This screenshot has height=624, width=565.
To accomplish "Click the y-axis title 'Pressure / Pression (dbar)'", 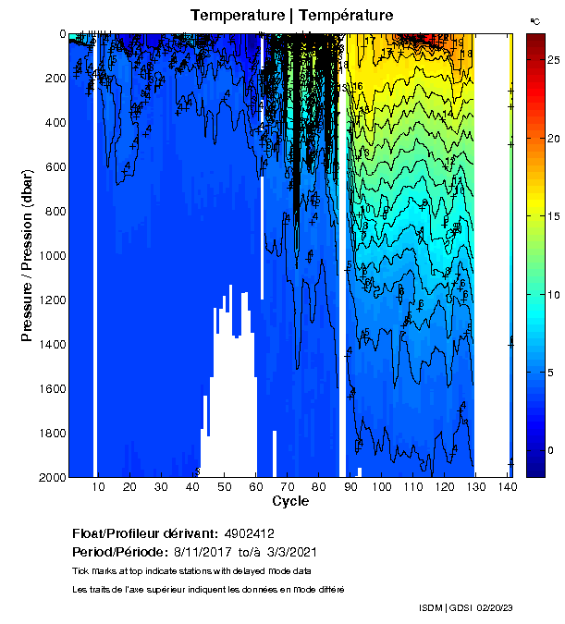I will pos(27,256).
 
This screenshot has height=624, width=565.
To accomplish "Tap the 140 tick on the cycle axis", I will pos(506,486).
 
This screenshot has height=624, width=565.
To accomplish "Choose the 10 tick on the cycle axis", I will pos(99,486).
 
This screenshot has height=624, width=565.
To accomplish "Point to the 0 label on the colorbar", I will pos(550,450).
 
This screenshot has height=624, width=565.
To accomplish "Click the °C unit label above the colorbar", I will pos(535,20).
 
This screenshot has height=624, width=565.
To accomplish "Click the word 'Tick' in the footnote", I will pos(80,569).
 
